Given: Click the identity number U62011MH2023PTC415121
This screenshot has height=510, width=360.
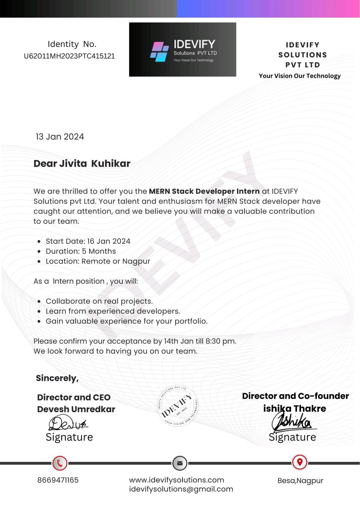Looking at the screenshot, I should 69,56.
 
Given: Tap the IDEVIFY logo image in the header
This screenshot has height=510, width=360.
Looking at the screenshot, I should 182,49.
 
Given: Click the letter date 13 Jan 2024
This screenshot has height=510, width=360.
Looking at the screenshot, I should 60,137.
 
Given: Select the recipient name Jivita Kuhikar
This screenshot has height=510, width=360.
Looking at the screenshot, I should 95,163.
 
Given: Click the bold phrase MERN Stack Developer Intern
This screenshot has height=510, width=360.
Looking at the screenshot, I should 204,191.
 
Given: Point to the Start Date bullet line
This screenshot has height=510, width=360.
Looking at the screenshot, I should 88,241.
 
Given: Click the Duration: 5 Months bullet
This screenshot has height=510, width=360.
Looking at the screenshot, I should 81,251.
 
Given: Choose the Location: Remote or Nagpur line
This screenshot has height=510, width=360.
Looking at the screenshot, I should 98,261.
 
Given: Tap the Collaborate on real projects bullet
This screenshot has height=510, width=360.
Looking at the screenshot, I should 99,301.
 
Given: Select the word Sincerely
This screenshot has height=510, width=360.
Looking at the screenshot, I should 57,378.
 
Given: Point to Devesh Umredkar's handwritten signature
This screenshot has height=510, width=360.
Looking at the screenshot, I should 68,423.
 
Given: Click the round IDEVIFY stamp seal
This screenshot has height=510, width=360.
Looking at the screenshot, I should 178,406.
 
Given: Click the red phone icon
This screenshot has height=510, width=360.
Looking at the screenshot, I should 60,463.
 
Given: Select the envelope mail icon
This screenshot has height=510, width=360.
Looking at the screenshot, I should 180,463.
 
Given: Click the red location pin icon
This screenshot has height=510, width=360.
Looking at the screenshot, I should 300,462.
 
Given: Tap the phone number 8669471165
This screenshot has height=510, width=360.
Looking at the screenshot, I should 58,480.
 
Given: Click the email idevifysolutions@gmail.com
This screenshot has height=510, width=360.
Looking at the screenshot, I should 181,489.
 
